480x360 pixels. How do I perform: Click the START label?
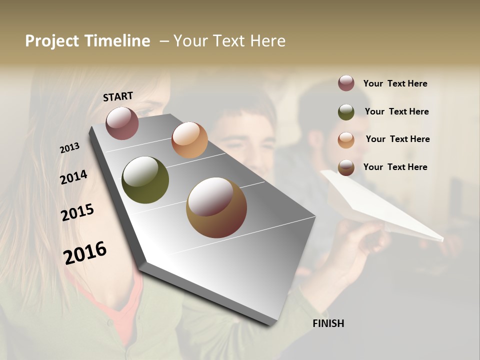(x=118, y=96)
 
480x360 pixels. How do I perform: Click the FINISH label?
(x=328, y=323)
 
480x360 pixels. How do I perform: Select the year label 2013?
(x=70, y=147)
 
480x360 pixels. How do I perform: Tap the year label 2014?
(x=73, y=177)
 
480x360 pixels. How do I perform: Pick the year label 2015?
(x=77, y=212)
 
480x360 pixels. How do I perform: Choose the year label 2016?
(x=85, y=252)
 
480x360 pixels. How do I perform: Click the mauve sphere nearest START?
(x=122, y=123)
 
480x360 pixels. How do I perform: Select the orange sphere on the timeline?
(x=189, y=140)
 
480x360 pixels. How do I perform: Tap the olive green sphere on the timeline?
(x=145, y=180)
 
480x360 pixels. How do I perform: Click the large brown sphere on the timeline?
(x=216, y=207)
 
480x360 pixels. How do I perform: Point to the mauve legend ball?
(x=346, y=83)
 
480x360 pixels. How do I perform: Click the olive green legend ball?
(x=346, y=111)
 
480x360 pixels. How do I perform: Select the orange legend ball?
(x=346, y=139)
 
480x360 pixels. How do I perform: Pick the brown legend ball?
(x=346, y=167)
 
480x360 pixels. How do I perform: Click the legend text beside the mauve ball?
(x=395, y=83)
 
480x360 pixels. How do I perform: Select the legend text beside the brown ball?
(x=395, y=167)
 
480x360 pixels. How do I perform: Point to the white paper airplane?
(x=380, y=205)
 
